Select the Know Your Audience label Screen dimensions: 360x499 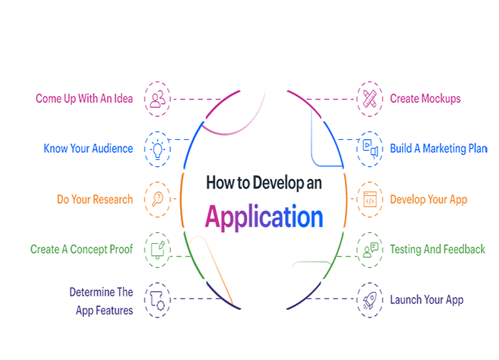tap(89, 149)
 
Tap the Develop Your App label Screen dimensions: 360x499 tap(428, 199)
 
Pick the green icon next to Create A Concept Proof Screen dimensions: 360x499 tap(157, 248)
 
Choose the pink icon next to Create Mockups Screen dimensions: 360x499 tap(369, 98)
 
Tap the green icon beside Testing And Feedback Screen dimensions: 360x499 tap(369, 248)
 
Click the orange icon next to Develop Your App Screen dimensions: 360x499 tap(369, 198)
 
